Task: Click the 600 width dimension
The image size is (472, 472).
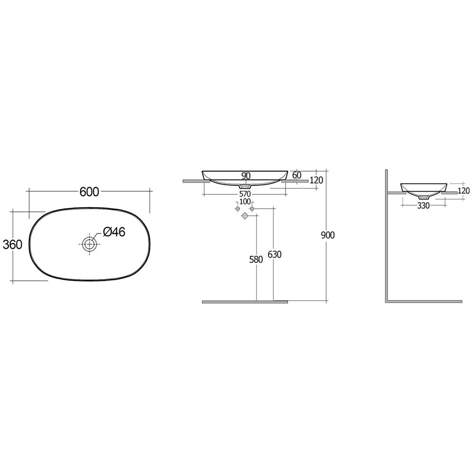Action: point(89,191)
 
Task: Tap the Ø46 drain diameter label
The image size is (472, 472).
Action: point(114,232)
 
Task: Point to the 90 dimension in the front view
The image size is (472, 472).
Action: point(245,176)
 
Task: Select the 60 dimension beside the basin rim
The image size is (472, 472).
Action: point(297,175)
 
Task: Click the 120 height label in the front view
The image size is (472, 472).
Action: point(316,180)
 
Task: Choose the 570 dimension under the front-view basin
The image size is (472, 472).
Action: point(244,194)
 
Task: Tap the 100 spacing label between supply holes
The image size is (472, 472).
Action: point(244,202)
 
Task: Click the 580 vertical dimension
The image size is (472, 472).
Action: point(255,259)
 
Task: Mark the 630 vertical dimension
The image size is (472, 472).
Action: point(274,254)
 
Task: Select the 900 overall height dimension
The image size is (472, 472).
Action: point(327,235)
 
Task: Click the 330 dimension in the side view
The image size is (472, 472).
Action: point(423,205)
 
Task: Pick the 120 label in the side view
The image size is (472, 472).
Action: point(464,191)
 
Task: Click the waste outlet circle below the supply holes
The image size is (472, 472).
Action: point(244,216)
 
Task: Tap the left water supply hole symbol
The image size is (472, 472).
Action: point(237,209)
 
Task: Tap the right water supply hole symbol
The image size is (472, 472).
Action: point(252,209)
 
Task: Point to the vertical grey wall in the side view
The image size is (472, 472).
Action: point(387,236)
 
